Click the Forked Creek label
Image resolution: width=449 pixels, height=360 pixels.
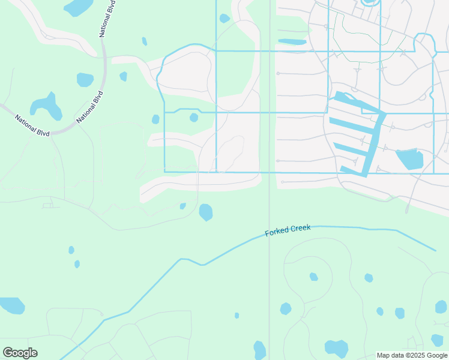[x=288, y=230]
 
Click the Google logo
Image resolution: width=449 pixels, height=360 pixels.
[x=20, y=352]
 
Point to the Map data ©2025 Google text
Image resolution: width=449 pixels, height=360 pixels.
[x=412, y=355]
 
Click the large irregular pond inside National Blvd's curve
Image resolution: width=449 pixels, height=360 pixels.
[x=47, y=107]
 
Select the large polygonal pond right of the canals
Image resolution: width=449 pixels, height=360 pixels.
[x=409, y=159]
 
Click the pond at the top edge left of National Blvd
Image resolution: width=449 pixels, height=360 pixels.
[x=78, y=7]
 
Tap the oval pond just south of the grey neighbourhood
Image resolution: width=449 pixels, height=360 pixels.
[x=206, y=212]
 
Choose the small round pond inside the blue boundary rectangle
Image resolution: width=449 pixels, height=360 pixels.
[x=194, y=118]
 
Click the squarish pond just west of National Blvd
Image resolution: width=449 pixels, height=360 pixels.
[x=85, y=79]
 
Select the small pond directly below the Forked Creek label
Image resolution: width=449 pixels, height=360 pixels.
[x=313, y=277]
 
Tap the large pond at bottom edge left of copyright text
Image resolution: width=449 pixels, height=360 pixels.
[x=336, y=349]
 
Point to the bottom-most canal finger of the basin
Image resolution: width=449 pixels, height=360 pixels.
[x=354, y=170]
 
